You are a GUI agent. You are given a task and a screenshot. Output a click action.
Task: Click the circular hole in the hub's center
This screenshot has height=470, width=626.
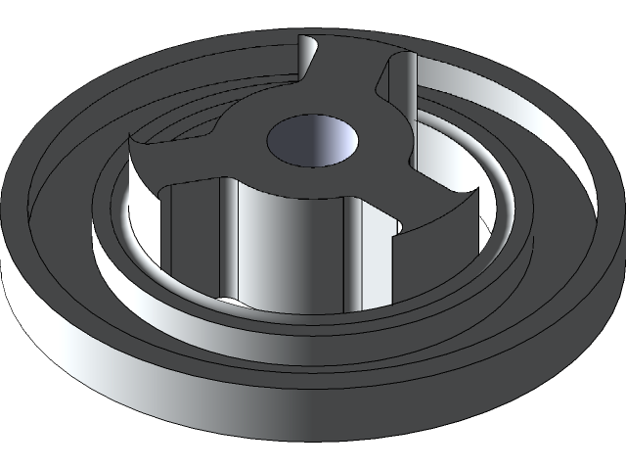click(x=312, y=140)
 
